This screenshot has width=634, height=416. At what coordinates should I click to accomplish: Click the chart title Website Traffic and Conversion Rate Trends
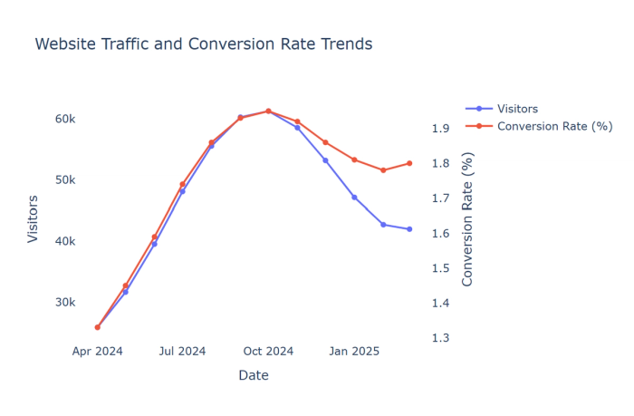203,44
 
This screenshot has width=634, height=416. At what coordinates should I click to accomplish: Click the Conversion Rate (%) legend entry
554,126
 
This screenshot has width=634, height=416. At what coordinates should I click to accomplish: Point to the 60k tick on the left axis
64,119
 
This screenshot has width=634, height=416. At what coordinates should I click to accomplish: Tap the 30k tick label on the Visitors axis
64,303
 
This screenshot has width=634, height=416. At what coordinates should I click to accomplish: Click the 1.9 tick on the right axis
441,129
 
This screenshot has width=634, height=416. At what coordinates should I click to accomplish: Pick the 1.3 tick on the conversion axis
441,338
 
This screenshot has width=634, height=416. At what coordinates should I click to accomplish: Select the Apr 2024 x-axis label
97,352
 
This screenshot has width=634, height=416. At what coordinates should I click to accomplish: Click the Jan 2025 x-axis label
354,352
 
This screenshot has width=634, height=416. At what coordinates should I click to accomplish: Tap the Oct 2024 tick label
268,352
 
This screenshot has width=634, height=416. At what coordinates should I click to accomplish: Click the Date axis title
254,375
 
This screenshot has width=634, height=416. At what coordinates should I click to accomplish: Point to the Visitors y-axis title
34,218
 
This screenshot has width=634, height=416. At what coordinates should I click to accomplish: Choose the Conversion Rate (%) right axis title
468,218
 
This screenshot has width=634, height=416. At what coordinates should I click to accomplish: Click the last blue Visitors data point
409,229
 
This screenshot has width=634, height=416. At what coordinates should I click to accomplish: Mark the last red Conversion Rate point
409,163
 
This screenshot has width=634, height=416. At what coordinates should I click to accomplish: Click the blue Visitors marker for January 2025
354,197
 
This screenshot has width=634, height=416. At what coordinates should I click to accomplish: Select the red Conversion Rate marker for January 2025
354,160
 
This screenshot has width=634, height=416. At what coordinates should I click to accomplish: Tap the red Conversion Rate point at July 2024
182,185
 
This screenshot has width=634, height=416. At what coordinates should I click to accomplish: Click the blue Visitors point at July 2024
182,191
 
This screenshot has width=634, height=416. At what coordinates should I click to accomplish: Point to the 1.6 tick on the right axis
441,234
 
